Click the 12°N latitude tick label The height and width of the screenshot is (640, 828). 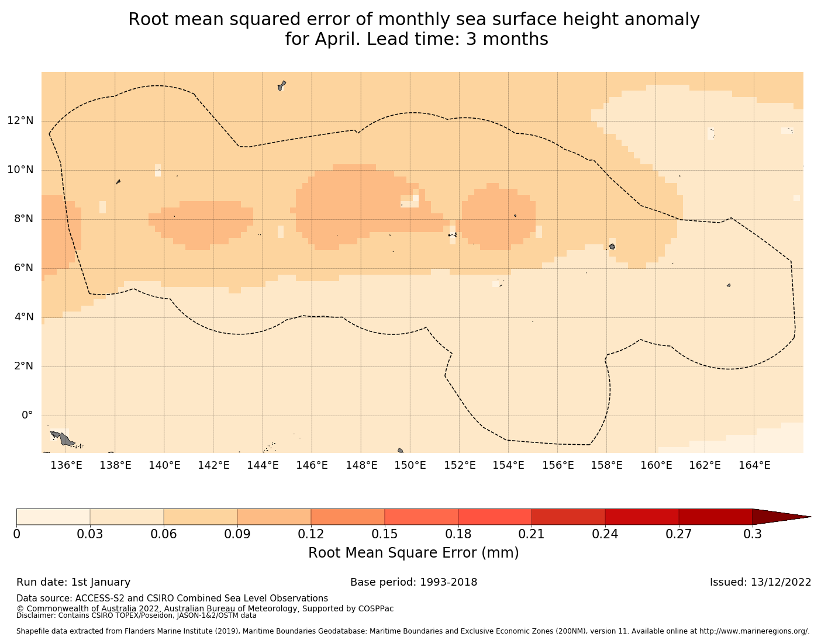[x=20, y=121]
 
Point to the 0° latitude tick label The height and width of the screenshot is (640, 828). [x=27, y=416]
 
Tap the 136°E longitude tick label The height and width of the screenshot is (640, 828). [x=65, y=465]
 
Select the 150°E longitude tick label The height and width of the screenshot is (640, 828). [x=410, y=465]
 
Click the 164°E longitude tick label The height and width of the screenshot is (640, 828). [x=754, y=465]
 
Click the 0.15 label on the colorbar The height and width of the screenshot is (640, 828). [x=385, y=534]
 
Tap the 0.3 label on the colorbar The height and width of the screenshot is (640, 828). [x=752, y=534]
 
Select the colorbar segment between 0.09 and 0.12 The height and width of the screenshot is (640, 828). [x=274, y=517]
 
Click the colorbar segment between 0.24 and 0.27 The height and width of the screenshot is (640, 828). [x=641, y=517]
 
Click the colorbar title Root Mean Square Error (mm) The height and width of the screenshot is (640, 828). [x=413, y=553]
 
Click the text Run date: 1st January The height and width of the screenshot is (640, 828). [x=74, y=582]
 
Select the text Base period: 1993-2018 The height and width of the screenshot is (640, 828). [x=413, y=582]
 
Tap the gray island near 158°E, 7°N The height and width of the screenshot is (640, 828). [x=612, y=247]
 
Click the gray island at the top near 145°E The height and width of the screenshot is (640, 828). [x=282, y=85]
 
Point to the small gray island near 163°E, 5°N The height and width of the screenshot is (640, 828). [x=729, y=285]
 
